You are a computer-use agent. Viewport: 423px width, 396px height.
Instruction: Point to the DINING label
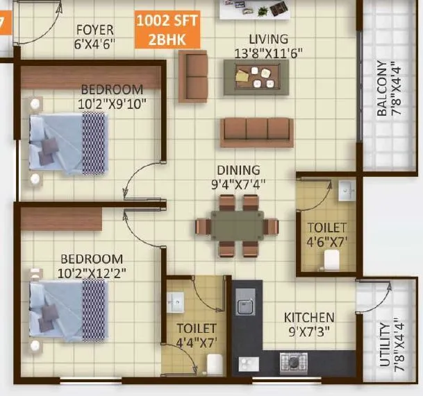coord(238,170)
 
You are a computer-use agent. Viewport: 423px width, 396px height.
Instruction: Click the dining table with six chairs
coord(237,225)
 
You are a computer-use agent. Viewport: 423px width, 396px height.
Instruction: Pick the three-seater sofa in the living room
coord(256,132)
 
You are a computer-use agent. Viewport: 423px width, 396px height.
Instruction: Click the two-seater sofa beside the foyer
coord(193,76)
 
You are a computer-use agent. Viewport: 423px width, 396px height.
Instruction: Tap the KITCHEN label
coord(309,318)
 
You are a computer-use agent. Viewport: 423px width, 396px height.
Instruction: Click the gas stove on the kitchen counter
coord(292,361)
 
